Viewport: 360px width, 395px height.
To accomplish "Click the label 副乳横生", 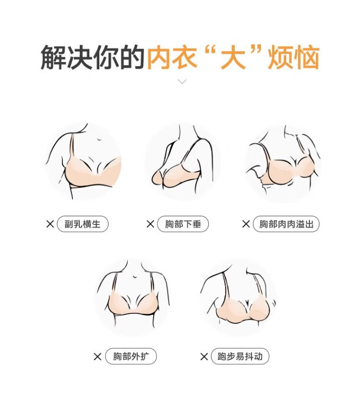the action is (83, 224).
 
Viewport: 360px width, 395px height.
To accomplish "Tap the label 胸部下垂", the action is (183, 224).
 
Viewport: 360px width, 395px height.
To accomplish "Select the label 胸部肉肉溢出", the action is (286, 224).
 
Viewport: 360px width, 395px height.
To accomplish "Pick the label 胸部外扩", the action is (131, 357).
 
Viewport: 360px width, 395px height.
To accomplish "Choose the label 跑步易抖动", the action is (240, 357).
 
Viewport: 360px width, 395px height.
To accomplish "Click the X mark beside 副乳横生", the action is (50, 224).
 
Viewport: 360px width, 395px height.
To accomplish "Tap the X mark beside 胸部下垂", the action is (150, 224).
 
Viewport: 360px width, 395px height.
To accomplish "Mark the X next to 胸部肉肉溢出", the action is (246, 224).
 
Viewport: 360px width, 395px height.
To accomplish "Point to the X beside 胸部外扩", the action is (97, 357).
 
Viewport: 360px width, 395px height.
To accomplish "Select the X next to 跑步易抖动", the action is (204, 357).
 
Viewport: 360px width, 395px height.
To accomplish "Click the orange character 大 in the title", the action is (233, 58).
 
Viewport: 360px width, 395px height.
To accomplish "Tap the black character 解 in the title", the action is (53, 58).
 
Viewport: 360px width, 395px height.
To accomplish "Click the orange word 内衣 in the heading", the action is (172, 58).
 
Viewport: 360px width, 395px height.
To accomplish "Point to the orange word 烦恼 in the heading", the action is (294, 58).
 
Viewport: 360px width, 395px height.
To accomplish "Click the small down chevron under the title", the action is (182, 81).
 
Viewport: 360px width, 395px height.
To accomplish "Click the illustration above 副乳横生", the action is (84, 161).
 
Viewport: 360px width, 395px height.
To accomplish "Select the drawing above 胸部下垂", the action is (183, 161).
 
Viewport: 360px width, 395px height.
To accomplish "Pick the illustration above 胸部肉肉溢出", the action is (283, 163).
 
